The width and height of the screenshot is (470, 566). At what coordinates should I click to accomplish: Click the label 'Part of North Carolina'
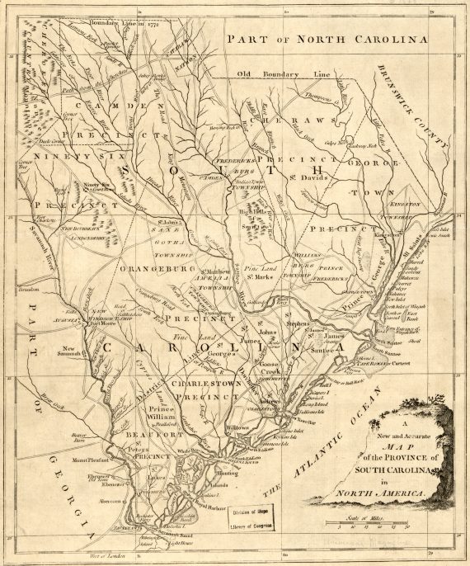328,39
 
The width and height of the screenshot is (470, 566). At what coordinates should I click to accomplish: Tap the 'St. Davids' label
313,177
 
